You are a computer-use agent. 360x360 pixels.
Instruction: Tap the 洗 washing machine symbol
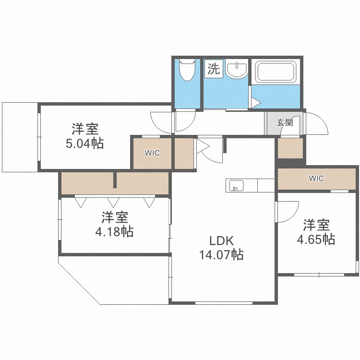click(213, 69)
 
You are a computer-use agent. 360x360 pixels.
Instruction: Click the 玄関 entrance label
click(285, 122)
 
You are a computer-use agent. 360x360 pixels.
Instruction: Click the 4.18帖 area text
click(114, 231)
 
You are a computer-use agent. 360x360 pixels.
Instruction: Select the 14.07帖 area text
click(221, 254)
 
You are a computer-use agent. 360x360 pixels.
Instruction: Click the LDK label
click(221, 240)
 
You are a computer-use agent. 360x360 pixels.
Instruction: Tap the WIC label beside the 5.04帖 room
click(152, 153)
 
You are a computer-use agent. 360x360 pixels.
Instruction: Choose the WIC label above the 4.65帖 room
click(316, 179)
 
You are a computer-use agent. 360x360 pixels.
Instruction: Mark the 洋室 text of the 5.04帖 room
click(85, 129)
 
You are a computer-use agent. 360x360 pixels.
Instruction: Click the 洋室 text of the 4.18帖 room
click(114, 217)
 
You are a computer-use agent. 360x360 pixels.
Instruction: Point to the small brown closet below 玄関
click(290, 148)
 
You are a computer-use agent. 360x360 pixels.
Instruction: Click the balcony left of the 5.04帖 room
click(19, 137)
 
